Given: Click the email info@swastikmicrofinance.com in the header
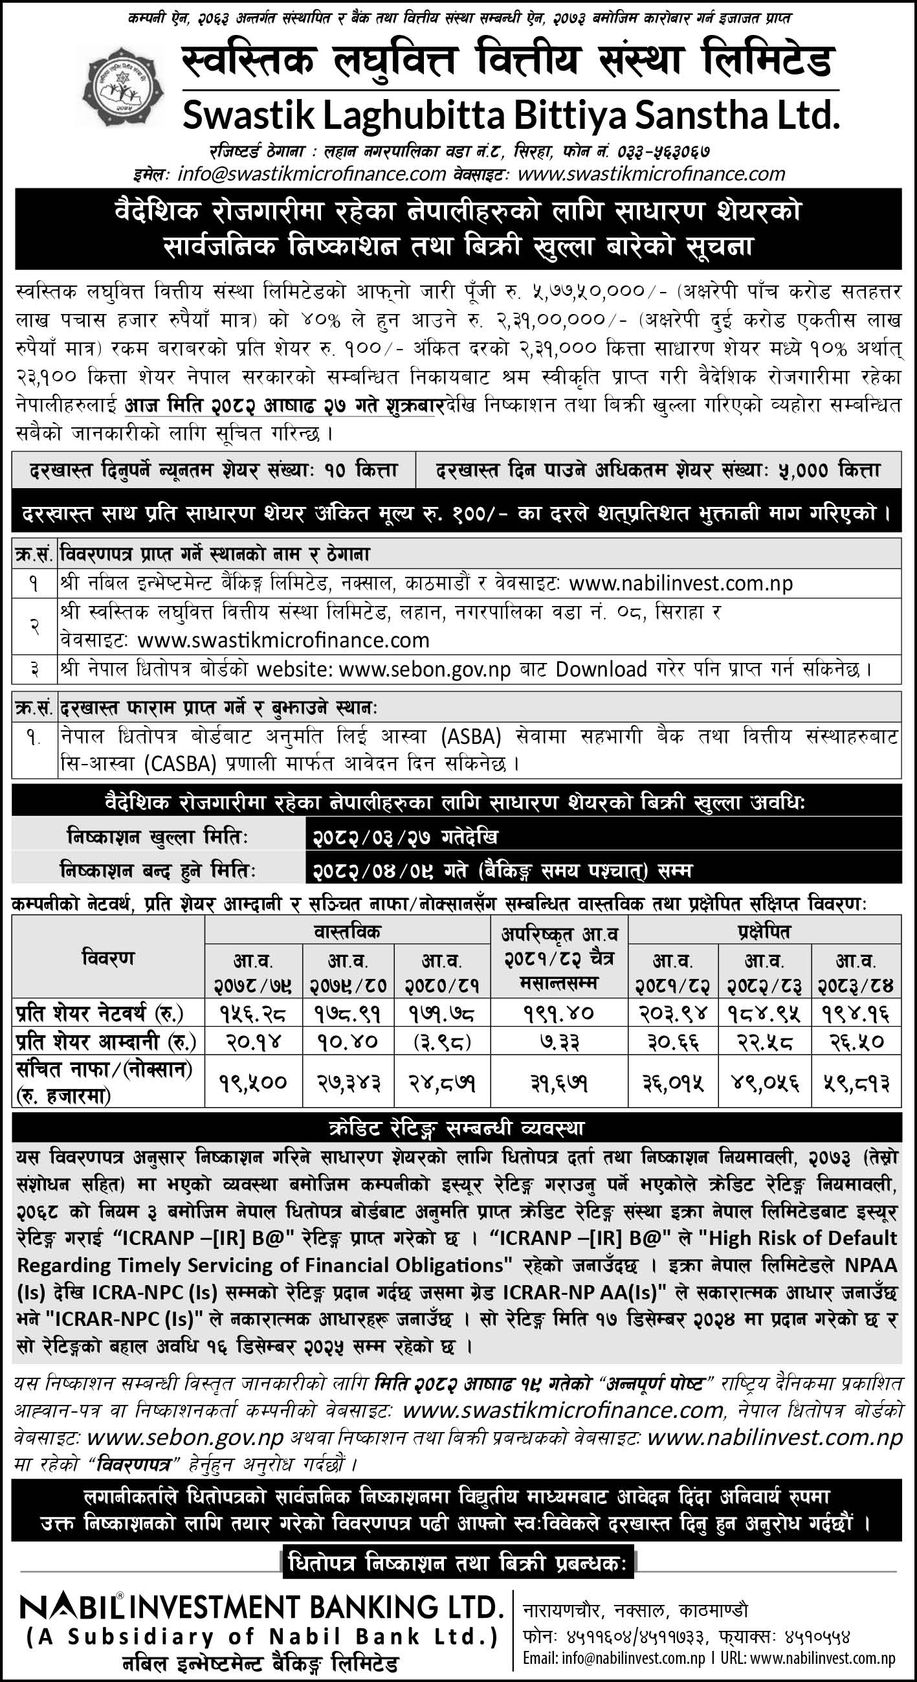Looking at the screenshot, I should (x=311, y=174).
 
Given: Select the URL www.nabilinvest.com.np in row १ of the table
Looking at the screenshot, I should (x=681, y=583).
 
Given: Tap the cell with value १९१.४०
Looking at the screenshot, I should (x=558, y=1014).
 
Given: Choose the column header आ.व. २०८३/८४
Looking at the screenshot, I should (x=856, y=973).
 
